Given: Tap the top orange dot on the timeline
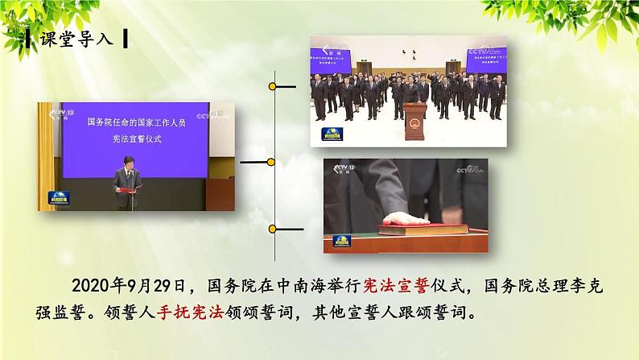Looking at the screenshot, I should click(x=274, y=85).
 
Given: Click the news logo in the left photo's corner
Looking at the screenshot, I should click(x=59, y=197).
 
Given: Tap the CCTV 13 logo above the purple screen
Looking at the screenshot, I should click(x=57, y=112).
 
